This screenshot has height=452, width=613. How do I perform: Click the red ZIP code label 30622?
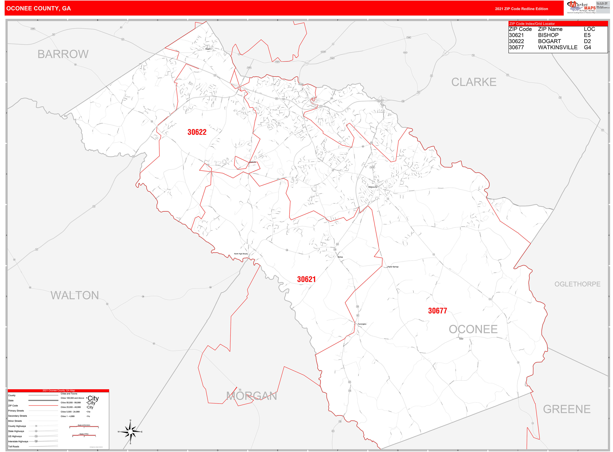(197, 132)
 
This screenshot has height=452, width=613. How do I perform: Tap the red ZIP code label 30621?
(306, 279)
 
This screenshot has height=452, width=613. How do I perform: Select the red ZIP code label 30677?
(437, 311)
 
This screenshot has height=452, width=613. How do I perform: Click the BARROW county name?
(63, 54)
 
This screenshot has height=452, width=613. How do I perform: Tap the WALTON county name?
(75, 296)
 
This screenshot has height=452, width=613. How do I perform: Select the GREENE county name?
(566, 409)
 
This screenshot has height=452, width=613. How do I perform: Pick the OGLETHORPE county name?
(577, 284)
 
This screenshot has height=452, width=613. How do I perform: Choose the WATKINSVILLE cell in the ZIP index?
(557, 47)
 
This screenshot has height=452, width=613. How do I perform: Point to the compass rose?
(130, 432)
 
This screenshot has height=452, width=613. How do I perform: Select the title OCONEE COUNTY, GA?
(39, 9)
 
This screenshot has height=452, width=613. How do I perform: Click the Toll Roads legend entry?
(14, 447)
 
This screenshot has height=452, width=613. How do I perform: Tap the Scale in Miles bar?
(84, 435)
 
